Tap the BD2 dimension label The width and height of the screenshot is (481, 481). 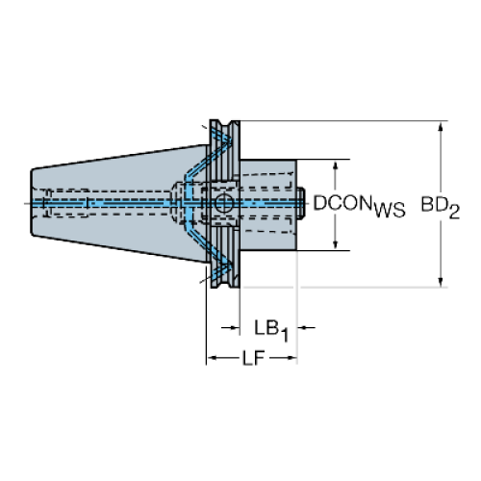(x=440, y=208)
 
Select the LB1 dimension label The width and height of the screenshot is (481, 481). (x=271, y=331)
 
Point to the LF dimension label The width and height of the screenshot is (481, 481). (x=253, y=358)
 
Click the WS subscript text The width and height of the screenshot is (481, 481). (x=390, y=211)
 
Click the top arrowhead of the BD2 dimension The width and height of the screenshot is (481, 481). (x=441, y=127)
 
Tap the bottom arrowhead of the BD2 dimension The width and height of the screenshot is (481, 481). (x=441, y=282)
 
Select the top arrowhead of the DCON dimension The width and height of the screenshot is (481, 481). (x=336, y=165)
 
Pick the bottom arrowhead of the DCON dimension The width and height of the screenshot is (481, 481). (x=336, y=244)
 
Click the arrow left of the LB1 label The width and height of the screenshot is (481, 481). (x=231, y=327)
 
